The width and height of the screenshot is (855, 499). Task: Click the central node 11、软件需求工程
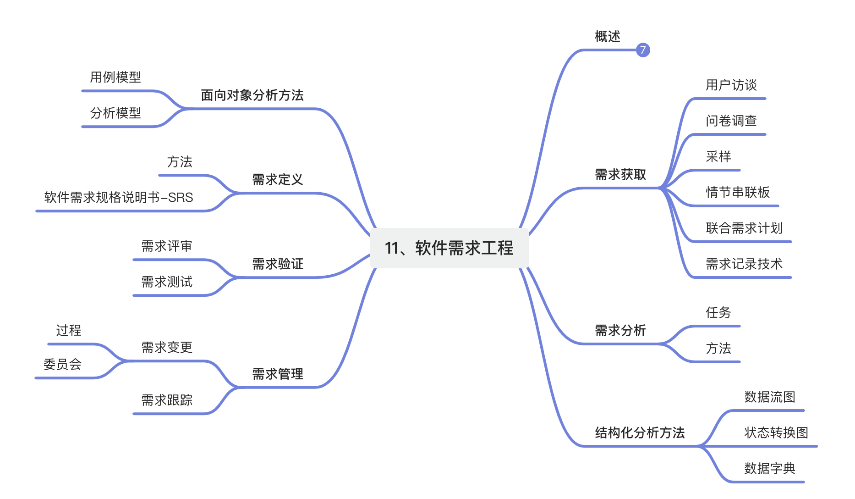[449, 248]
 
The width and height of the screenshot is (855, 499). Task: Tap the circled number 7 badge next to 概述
[643, 50]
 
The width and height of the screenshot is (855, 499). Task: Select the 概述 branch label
[608, 37]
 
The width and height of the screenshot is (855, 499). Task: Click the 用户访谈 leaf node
[731, 85]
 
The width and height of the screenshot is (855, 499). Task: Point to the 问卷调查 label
[731, 121]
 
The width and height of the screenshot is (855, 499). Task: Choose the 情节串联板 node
[737, 193]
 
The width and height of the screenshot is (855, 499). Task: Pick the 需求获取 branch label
[620, 175]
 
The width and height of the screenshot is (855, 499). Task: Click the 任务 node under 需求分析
[718, 313]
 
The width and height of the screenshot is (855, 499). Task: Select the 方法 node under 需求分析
[718, 349]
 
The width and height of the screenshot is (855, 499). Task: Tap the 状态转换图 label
[776, 433]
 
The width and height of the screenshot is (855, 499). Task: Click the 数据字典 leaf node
[769, 469]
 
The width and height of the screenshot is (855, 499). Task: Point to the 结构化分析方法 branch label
[640, 433]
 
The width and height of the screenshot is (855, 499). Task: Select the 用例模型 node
[115, 78]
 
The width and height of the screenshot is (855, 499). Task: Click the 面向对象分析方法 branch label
[252, 95]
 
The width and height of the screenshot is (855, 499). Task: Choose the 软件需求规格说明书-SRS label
[119, 198]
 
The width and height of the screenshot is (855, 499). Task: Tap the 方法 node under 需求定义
[180, 162]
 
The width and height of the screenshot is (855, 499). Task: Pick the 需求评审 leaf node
[167, 246]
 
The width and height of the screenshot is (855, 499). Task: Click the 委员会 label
[62, 365]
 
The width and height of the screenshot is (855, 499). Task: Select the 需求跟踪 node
[167, 400]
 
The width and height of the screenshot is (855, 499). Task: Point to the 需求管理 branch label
[278, 374]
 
